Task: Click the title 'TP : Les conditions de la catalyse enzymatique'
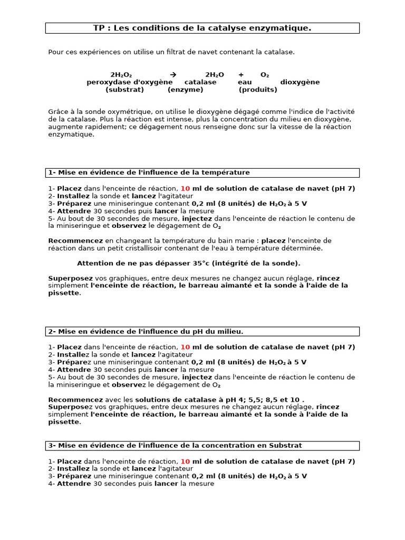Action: [x=202, y=28]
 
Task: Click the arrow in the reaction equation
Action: [x=173, y=75]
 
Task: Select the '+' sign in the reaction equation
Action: [x=241, y=75]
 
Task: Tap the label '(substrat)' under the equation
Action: [x=124, y=90]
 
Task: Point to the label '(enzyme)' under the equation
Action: [x=185, y=90]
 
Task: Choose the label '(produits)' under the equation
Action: [x=258, y=90]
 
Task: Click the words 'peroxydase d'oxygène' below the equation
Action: [x=129, y=82]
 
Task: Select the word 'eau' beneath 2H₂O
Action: [x=245, y=82]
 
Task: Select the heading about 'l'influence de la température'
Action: [x=149, y=172]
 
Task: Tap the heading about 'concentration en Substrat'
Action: [x=175, y=446]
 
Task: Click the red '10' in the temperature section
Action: [x=185, y=188]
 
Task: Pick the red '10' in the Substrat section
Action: [x=185, y=461]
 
